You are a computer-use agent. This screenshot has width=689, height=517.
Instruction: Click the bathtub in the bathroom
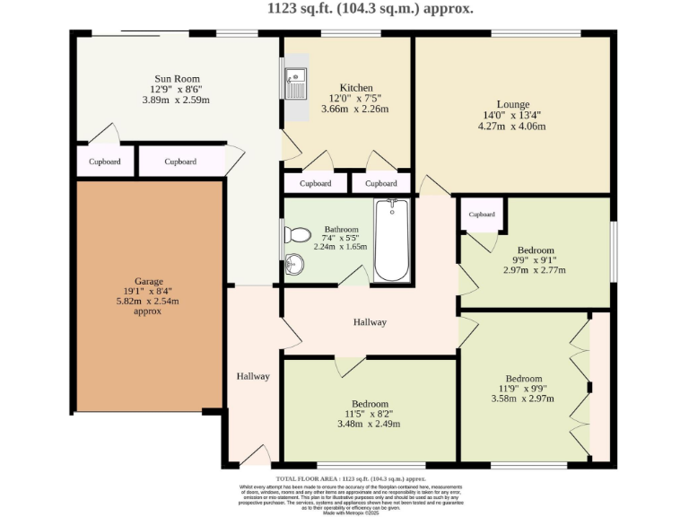(x=391, y=240)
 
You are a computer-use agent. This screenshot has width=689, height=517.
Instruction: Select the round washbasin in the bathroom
(x=293, y=264)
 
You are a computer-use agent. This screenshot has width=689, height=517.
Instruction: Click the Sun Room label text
(x=176, y=78)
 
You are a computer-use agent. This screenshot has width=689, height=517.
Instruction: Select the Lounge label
(x=512, y=104)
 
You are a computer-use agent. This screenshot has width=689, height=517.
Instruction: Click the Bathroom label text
(x=341, y=229)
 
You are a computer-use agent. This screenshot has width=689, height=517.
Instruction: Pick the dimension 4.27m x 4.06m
(x=512, y=127)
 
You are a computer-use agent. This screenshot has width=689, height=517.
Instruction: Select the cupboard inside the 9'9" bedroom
(x=482, y=215)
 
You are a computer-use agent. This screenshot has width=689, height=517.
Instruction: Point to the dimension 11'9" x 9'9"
(x=523, y=389)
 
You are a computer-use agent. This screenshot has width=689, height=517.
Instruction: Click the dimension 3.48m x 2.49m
(x=369, y=425)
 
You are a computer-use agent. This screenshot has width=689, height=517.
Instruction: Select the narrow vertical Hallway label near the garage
(x=253, y=376)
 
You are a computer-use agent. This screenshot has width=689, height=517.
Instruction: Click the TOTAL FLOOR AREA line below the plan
(x=344, y=479)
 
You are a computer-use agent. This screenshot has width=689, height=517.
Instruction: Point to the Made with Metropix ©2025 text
(x=344, y=512)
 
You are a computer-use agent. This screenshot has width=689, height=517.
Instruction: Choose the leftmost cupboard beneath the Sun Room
(x=105, y=162)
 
